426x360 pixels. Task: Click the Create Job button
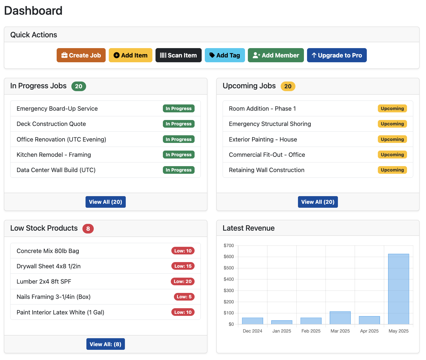coord(81,55)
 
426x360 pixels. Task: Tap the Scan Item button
coord(178,55)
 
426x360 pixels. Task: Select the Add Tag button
coord(225,55)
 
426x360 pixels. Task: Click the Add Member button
coord(276,55)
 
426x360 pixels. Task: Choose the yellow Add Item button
coord(130,55)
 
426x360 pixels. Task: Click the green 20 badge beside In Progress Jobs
coord(78,86)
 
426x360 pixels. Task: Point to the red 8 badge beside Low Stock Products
coord(88,229)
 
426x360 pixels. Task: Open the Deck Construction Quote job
coord(51,124)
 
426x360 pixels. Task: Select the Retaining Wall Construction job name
coord(267,170)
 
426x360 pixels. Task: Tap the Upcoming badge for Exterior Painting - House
coord(392,139)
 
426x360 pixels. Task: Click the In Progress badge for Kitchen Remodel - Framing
coord(178,155)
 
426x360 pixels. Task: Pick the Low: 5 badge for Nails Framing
coord(184,297)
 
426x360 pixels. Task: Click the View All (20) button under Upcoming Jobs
coord(318,202)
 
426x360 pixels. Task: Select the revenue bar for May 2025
coord(398,289)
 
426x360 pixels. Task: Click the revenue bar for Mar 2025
coord(340,318)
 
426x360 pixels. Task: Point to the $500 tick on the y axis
coord(229,268)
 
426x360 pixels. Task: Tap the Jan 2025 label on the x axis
coord(282,331)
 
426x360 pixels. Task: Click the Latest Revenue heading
coord(248,228)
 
